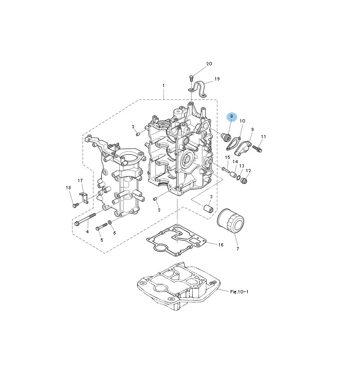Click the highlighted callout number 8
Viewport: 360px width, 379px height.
point(232,116)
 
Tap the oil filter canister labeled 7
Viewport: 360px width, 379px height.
point(230,220)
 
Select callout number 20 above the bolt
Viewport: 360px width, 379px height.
point(209,64)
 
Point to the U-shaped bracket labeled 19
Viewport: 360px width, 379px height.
point(199,90)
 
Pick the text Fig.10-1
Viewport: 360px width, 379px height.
point(239,292)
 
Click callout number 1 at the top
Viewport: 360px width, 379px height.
point(163,86)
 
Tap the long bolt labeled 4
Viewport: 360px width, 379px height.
point(89,220)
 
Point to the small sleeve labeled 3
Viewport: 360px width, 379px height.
point(207,208)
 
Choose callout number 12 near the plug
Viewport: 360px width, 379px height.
point(248,171)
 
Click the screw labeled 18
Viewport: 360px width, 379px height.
point(75,205)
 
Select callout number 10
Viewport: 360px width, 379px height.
point(242,121)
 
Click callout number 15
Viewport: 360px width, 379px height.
point(227,158)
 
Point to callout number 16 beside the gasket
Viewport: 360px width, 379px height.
point(220,245)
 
